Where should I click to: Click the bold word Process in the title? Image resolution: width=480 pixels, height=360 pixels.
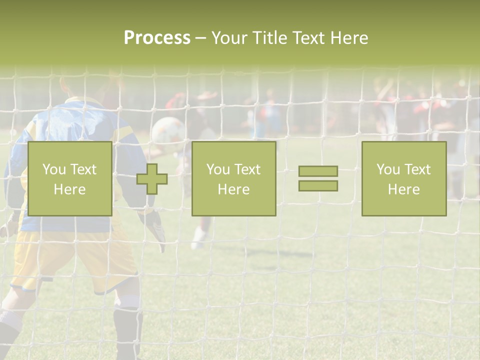point(157,38)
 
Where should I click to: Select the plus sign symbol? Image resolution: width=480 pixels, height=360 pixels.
point(152,179)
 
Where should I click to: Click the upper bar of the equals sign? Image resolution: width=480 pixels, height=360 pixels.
point(318,171)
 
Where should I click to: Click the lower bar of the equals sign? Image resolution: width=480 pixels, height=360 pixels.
point(318,186)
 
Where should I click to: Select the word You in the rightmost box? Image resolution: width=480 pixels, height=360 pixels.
point(388,169)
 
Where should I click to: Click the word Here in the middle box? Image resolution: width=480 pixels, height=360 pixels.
point(233,189)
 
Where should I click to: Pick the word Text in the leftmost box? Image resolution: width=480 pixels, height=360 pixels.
point(83,169)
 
